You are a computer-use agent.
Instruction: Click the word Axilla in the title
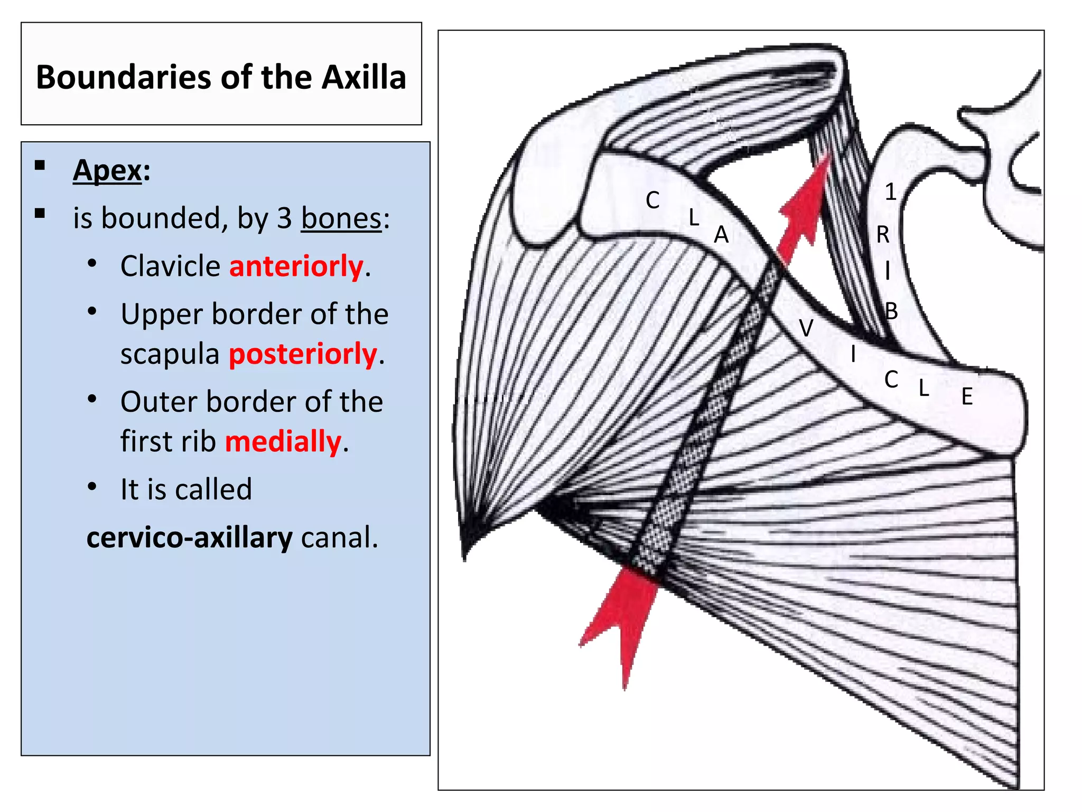[x=364, y=77]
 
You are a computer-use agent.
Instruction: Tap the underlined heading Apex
[x=108, y=171]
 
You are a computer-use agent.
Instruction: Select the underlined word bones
[x=341, y=218]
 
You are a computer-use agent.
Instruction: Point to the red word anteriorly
[x=296, y=266]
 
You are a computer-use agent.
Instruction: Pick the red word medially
[x=283, y=441]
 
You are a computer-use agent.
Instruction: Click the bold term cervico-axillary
[x=189, y=538]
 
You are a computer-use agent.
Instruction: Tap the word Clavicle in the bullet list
[x=170, y=266]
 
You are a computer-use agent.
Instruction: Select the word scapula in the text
[x=170, y=354]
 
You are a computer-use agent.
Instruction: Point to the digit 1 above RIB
[x=891, y=192]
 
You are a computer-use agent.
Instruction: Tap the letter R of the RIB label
[x=883, y=234]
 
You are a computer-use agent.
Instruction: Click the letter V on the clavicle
[x=806, y=328]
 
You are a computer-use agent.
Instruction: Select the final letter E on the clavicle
[x=967, y=396]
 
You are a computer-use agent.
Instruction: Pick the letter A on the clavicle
[x=721, y=235]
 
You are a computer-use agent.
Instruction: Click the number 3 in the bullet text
[x=284, y=218]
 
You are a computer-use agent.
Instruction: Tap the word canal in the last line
[x=340, y=538]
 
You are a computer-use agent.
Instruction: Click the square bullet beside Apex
[x=40, y=165]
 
